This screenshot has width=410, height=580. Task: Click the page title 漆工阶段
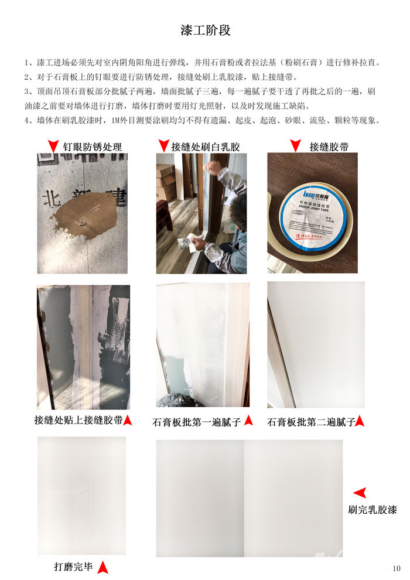[x=206, y=30]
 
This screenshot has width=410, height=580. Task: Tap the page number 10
[x=397, y=568]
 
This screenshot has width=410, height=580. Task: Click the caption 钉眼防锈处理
[x=93, y=147]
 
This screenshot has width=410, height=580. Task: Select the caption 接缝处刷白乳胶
[x=206, y=147]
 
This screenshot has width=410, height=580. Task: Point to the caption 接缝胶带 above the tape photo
[x=329, y=147]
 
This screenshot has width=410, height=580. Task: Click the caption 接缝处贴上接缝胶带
[x=78, y=420]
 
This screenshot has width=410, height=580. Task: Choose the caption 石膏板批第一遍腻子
[x=197, y=422]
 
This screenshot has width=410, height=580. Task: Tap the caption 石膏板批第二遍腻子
[x=311, y=422]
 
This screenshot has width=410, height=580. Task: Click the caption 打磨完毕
[x=74, y=567]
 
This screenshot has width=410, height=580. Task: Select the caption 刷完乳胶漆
[x=373, y=510]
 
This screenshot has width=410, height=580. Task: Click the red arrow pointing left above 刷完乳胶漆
[x=360, y=493]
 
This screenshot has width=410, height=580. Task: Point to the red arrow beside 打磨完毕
[x=102, y=568]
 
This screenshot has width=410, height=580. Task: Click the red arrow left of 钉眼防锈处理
[x=54, y=146]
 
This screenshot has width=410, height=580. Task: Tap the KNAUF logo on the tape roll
[x=315, y=195]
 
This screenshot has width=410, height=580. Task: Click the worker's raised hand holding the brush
[x=213, y=168]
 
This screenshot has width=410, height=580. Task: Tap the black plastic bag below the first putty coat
[x=176, y=400]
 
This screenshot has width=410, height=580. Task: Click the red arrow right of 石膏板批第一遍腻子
[x=249, y=420]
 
